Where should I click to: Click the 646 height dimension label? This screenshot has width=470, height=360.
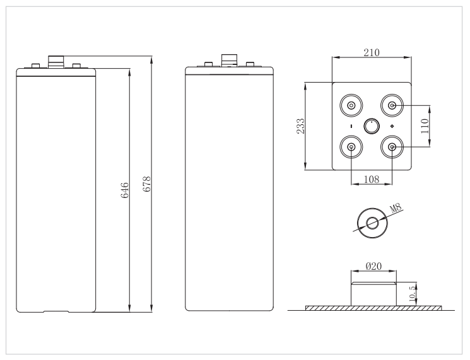[x=124, y=190]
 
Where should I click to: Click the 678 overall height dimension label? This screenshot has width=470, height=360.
[x=146, y=184]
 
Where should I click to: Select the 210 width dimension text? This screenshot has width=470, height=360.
[x=372, y=53]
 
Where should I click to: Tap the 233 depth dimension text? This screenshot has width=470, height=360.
[x=300, y=126]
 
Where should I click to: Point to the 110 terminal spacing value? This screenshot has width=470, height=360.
[x=425, y=126]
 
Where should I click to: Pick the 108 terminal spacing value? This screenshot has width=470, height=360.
[x=372, y=179]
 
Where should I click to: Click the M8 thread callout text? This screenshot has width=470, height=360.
[x=396, y=208]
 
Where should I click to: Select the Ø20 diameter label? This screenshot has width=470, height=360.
[x=373, y=266]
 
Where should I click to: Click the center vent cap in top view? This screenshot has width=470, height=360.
[x=372, y=126]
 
